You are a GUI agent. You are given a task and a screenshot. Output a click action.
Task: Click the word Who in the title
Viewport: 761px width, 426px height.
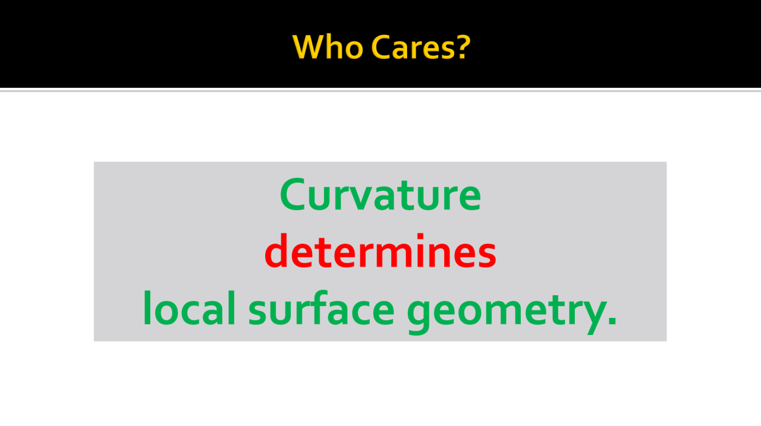pos(328,47)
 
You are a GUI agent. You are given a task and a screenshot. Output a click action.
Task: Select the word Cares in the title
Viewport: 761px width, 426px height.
pos(413,47)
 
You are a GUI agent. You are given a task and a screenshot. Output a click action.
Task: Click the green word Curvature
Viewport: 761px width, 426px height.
pos(380,194)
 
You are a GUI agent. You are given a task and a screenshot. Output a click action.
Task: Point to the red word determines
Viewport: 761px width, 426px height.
pos(380,251)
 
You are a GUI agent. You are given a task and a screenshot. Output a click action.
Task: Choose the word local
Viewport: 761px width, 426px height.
pos(189,308)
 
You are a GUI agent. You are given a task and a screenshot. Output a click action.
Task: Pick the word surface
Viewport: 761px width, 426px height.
pos(322,308)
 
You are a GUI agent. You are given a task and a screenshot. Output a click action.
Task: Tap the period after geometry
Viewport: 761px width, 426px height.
pos(612,321)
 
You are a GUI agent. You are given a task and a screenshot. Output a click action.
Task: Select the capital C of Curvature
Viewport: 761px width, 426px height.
pos(293,194)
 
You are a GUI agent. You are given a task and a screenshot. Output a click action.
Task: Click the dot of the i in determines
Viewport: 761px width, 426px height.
pos(420,236)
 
